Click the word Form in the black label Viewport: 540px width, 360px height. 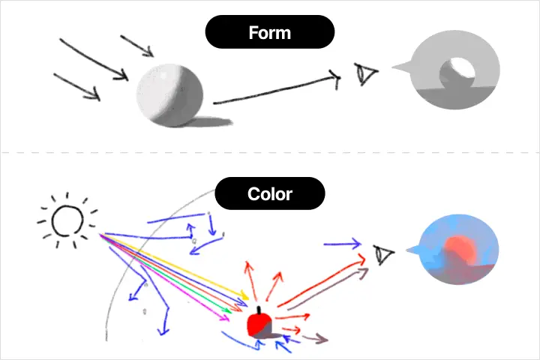tap(270, 33)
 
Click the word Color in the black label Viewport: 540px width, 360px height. tap(270, 194)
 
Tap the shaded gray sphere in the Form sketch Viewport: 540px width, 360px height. tap(169, 95)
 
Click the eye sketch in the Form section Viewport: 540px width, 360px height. tap(365, 73)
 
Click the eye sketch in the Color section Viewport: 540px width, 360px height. tap(383, 254)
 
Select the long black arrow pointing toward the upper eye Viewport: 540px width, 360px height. tap(275, 90)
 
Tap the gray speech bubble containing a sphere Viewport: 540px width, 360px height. tap(448, 70)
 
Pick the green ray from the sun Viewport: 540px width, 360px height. tap(165, 273)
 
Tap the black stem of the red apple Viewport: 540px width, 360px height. tap(259, 310)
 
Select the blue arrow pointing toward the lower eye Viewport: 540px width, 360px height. tap(342, 244)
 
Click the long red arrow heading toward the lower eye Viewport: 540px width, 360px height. tap(321, 280)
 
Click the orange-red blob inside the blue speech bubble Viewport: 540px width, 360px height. tap(460, 250)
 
